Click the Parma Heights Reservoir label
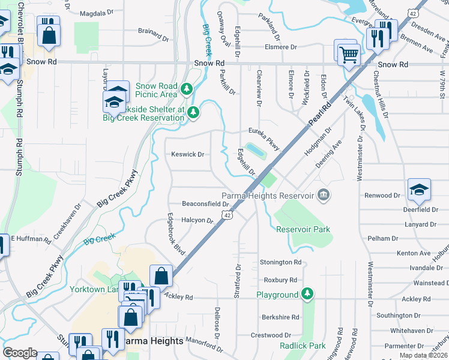coord(268,196)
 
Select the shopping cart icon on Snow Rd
coord(348,56)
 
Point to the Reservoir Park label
coord(303,229)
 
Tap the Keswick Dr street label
coord(188,154)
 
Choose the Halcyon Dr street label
coord(197,220)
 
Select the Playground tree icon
coord(307,294)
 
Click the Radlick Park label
coord(303,346)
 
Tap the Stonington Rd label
coord(280,262)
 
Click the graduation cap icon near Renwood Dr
coord(418,190)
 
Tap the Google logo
coord(20,353)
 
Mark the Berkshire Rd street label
coord(280,317)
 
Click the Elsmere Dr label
coord(281,47)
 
